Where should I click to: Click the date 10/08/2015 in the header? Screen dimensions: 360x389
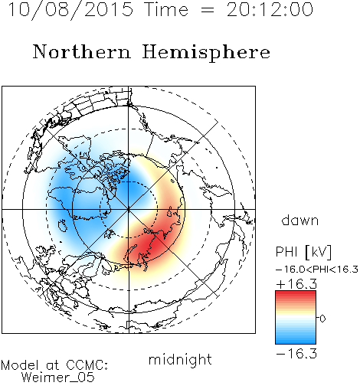pyautogui.click(x=70, y=10)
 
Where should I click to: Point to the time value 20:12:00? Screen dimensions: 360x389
pyautogui.click(x=270, y=9)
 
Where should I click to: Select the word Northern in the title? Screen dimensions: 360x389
pyautogui.click(x=82, y=51)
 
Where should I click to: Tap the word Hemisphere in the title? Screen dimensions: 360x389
pyautogui.click(x=206, y=52)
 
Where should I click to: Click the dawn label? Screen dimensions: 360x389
pyautogui.click(x=300, y=220)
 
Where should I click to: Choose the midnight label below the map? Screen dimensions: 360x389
pyautogui.click(x=180, y=359)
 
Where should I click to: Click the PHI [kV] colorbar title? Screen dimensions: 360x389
pyautogui.click(x=303, y=252)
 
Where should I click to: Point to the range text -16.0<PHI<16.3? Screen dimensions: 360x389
pyautogui.click(x=317, y=270)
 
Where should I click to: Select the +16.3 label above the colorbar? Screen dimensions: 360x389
pyautogui.click(x=296, y=283)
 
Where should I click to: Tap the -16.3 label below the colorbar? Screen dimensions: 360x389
pyautogui.click(x=296, y=354)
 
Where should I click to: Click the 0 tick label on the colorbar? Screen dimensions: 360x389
pyautogui.click(x=322, y=319)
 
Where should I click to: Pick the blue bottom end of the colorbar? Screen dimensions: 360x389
pyautogui.click(x=296, y=342)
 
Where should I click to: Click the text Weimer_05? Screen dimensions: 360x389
pyautogui.click(x=58, y=377)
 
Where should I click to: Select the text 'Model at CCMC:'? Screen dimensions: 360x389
pyautogui.click(x=54, y=365)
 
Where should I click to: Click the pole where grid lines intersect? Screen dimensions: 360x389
pyautogui.click(x=129, y=209)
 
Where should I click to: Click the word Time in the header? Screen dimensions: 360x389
pyautogui.click(x=166, y=9)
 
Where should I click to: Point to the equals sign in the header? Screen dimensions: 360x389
pyautogui.click(x=208, y=10)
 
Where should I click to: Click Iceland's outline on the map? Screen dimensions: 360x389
pyautogui.click(x=63, y=225)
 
